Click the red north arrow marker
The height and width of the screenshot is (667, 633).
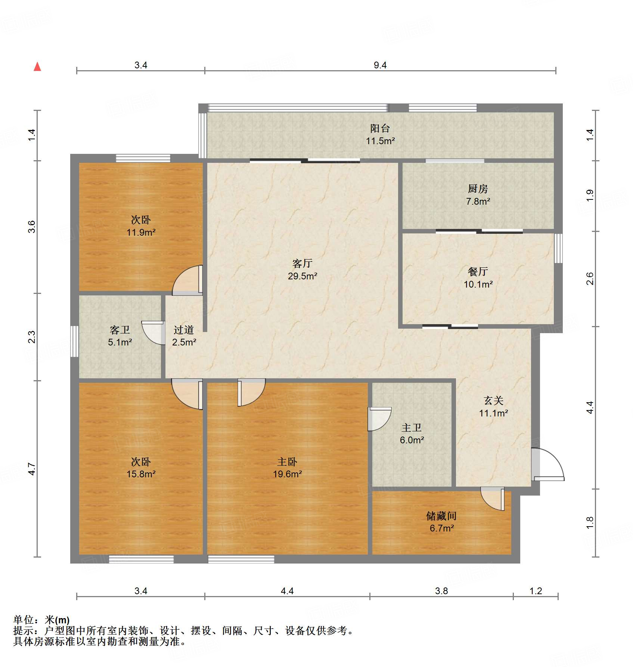pos(37,67)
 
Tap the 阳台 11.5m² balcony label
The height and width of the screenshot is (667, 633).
pos(380,134)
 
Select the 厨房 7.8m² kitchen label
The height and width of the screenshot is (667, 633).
pos(478,195)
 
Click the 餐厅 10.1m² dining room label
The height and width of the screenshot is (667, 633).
pos(478,277)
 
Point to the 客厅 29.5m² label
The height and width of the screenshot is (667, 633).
pos(302,270)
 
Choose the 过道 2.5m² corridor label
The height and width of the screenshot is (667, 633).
pos(184,336)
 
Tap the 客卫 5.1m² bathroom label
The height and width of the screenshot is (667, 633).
pos(120,336)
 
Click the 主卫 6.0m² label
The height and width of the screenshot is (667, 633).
pos(412,434)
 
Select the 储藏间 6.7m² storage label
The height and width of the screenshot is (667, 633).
pos(441,522)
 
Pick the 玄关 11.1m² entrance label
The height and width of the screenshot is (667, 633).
pos(493,407)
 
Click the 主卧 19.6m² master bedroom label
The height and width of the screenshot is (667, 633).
pos(287,468)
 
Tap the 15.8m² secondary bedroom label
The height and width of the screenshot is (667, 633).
pos(141,468)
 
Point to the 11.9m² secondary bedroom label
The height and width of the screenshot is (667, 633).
pos(141,226)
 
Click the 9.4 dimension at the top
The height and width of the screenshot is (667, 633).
pos(380,65)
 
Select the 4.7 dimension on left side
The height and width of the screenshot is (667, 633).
pos(32,469)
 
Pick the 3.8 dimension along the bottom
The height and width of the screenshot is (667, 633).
pos(441,591)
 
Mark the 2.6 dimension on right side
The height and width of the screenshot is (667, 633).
pos(590,279)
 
